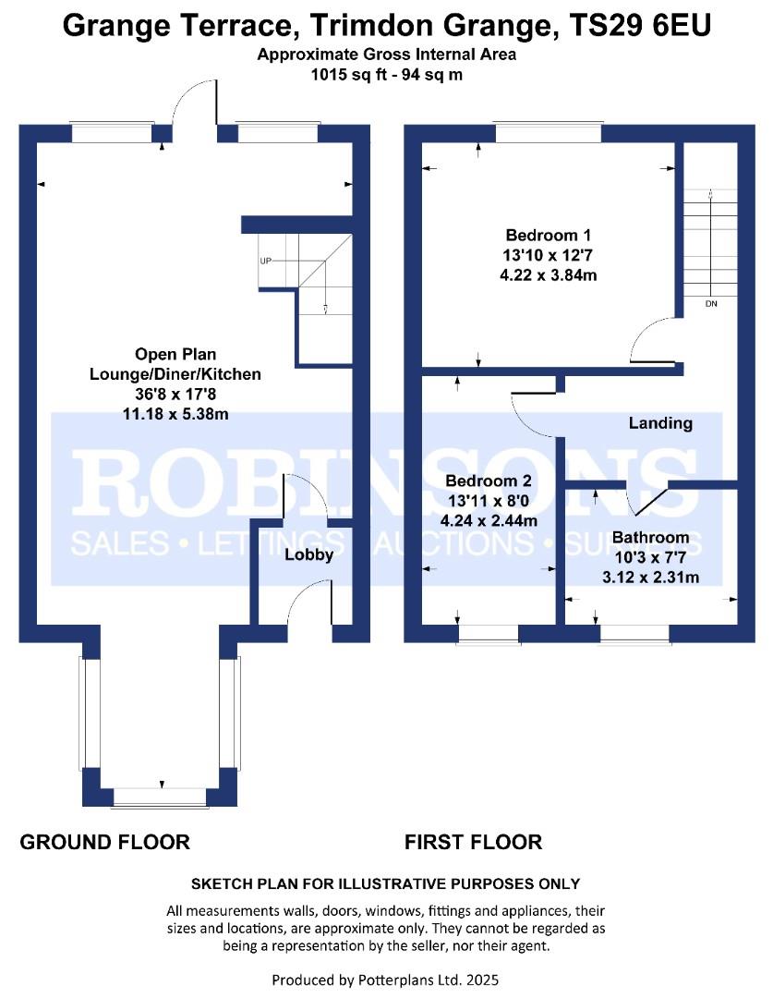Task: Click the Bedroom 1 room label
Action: (548, 235)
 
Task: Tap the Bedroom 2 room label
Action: (488, 481)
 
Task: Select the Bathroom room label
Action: (650, 538)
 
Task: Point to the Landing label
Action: (660, 423)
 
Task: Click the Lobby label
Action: (308, 555)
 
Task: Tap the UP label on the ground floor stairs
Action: (265, 261)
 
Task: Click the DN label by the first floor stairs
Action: (711, 304)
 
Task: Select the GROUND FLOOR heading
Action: (105, 842)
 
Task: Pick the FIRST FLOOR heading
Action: (474, 842)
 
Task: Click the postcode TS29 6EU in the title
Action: (640, 26)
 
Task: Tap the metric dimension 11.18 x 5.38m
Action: (175, 414)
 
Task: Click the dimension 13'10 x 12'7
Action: (548, 255)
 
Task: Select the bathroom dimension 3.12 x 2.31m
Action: (650, 578)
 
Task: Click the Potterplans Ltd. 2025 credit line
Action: (385, 980)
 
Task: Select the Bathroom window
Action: (634, 634)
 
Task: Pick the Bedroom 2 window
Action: (488, 634)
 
